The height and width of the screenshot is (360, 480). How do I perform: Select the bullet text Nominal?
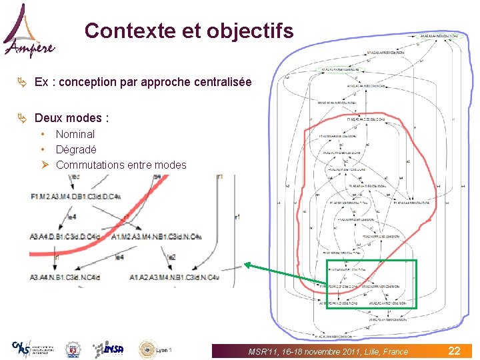click(75, 134)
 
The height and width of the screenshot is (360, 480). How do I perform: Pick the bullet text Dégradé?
click(76, 149)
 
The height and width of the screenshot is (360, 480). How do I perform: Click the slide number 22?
click(454, 351)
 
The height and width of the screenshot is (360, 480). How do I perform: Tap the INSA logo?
click(109, 349)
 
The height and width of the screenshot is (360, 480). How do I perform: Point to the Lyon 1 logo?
click(155, 349)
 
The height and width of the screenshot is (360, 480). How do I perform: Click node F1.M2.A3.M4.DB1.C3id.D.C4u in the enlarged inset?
click(75, 197)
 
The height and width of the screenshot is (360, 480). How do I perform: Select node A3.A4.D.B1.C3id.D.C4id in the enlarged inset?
click(65, 236)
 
